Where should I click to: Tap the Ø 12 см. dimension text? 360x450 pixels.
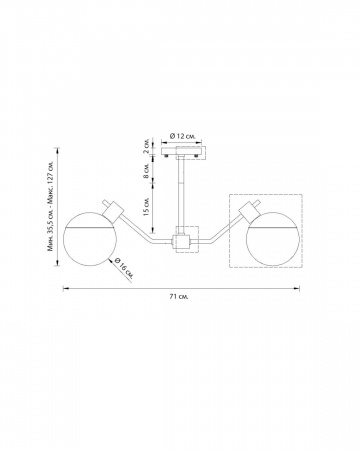coord(182,136)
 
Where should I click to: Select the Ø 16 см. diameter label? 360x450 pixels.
coord(124,269)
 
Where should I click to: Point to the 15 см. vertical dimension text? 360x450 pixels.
coord(147,207)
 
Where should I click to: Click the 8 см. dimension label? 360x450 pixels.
coord(147,171)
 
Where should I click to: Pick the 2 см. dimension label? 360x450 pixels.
coord(147,146)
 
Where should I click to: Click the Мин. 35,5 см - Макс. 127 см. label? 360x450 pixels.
coord(51,207)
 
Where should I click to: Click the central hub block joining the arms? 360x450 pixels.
coord(181,241)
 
